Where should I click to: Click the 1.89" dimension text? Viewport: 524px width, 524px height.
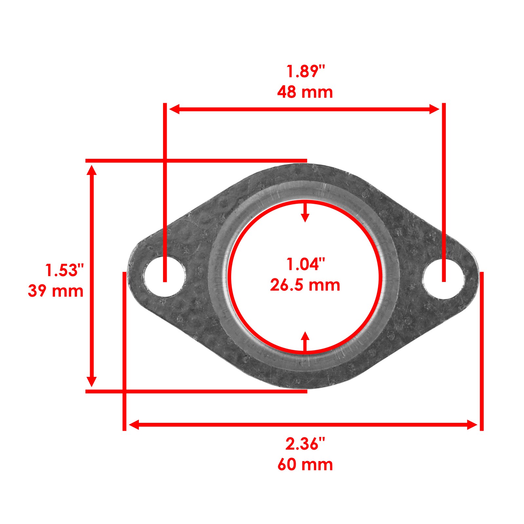tap(305, 71)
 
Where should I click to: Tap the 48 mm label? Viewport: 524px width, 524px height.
tap(305, 92)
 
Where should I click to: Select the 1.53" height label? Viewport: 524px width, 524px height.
tap(65, 270)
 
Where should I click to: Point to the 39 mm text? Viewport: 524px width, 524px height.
tap(56, 291)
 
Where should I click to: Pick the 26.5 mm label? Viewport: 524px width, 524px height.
tap(305, 285)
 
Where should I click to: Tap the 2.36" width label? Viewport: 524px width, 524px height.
tap(305, 444)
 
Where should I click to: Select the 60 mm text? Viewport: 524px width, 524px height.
tap(305, 465)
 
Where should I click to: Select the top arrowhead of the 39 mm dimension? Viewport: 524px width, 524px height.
tap(92, 170)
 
